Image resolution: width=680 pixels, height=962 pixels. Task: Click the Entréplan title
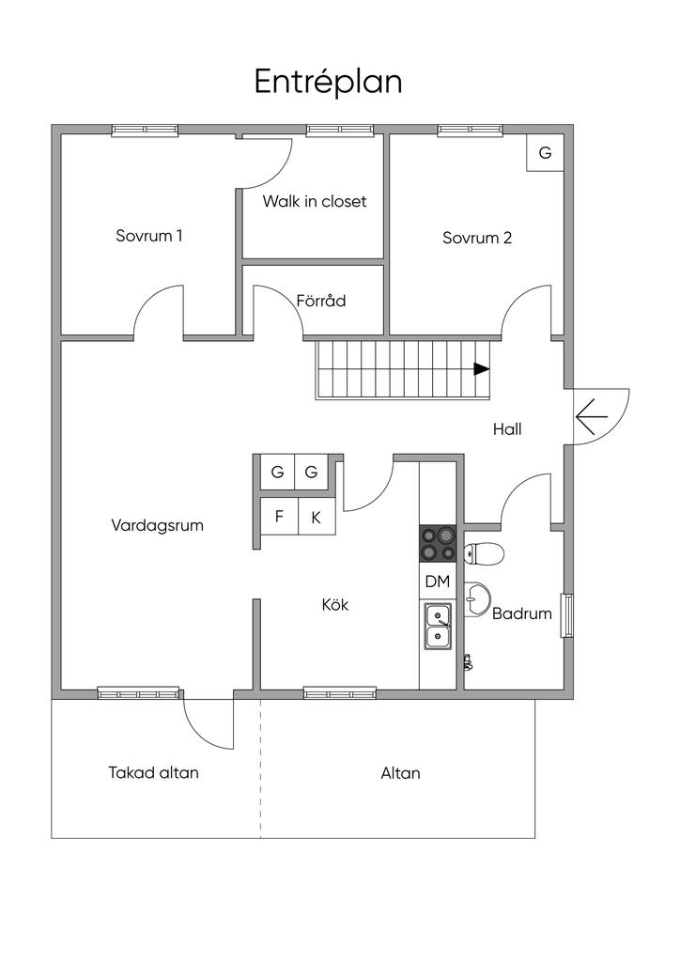point(328,83)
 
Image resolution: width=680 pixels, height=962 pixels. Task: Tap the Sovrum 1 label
point(149,236)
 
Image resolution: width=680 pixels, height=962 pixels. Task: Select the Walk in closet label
point(315,201)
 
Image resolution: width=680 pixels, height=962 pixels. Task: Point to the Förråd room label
point(320,301)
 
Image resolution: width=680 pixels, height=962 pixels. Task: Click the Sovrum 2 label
point(477,238)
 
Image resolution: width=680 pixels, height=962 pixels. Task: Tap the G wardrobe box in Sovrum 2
point(545,153)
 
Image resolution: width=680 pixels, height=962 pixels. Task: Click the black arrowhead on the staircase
point(482,369)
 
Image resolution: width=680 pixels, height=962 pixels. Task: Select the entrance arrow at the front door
point(592,416)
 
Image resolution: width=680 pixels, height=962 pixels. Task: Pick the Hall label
point(507,429)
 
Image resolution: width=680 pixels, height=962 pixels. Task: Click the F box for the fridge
point(280,516)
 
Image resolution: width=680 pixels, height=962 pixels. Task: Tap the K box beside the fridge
point(317,517)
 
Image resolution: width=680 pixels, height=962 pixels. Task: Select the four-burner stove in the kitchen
point(438,544)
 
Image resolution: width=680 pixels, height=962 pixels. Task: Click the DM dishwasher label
point(438,582)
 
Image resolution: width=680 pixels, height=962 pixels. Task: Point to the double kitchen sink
point(438,627)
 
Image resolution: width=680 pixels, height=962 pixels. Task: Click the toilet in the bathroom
point(484,553)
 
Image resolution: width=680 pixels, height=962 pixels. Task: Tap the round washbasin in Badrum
point(476,597)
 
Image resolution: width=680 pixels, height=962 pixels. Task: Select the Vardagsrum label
point(158,526)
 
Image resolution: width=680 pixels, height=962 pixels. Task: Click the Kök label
point(335,605)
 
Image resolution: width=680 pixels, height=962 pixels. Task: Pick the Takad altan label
point(154,772)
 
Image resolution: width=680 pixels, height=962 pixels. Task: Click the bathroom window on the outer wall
point(568,615)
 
